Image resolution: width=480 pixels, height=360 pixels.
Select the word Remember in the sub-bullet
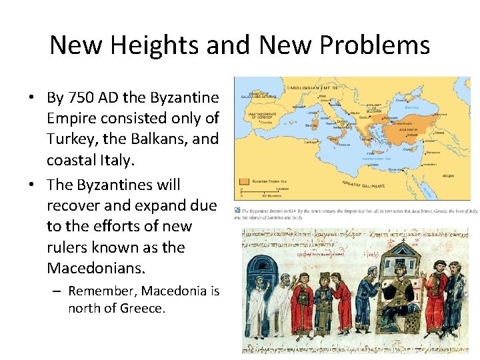click(x=98, y=291)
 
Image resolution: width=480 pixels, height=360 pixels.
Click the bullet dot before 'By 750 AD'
click(x=31, y=98)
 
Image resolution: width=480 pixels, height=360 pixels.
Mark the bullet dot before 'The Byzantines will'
click(x=31, y=185)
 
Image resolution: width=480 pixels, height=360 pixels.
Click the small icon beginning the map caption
click(x=238, y=210)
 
